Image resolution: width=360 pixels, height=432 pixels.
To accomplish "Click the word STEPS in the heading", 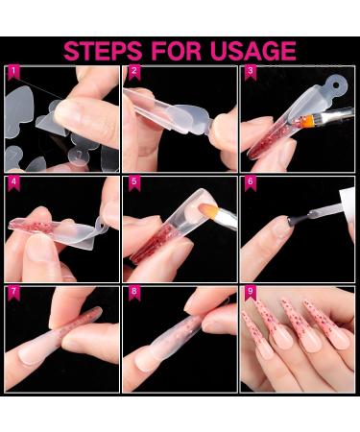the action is [103, 51].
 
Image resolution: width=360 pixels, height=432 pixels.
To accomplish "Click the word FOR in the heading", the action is [176, 51].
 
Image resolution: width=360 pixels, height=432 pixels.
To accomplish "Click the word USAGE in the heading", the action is [253, 51].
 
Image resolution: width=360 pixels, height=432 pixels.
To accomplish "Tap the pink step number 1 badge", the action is [13, 73].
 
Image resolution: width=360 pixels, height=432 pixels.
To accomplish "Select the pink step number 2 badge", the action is [134, 73].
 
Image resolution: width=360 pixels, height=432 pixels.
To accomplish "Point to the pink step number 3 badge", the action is [251, 73].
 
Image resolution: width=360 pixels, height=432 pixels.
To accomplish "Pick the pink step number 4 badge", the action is [13, 183].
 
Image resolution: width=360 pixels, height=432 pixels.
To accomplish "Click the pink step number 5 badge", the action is [134, 183].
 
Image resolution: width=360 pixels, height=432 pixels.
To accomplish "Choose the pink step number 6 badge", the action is [251, 183].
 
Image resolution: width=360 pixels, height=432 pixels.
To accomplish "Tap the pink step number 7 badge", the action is [13, 294].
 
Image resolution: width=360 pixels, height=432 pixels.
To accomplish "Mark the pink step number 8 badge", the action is [134, 294].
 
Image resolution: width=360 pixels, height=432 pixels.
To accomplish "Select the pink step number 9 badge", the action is [251, 294].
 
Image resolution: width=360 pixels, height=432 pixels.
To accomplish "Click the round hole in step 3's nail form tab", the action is [336, 85].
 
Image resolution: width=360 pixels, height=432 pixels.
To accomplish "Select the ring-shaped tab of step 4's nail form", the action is [102, 224].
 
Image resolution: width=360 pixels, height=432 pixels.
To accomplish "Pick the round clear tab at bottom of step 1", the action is [79, 156].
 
